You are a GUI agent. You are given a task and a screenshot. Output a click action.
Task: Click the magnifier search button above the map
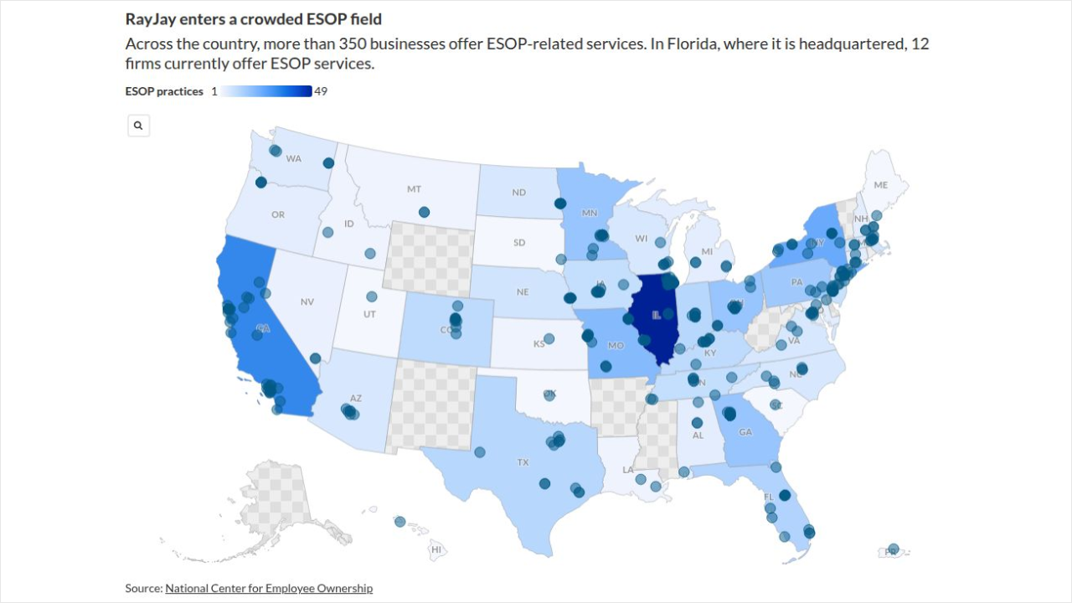tap(138, 126)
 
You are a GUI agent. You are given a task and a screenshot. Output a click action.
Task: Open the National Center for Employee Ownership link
tap(269, 589)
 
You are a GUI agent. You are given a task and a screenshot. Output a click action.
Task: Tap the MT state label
tap(415, 189)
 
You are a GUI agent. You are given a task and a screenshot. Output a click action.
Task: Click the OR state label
tap(278, 215)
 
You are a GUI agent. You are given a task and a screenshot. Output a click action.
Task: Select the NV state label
tap(307, 301)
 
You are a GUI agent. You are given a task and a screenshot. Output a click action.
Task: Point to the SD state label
tap(519, 243)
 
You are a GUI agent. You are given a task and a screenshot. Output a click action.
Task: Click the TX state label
tap(523, 461)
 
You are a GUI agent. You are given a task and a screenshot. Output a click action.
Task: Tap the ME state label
tap(880, 185)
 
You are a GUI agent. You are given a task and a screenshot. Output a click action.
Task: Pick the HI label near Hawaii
tap(436, 549)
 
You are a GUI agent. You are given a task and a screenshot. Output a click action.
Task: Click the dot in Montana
tap(424, 212)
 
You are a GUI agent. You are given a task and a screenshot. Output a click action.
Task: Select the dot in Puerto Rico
tap(894, 549)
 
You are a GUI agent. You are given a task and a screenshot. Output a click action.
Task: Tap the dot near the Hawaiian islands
tap(399, 522)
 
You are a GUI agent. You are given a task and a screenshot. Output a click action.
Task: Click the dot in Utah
tap(372, 296)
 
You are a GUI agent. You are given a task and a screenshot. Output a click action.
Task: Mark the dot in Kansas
tap(549, 339)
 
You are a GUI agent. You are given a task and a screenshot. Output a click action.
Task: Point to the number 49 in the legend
tap(321, 91)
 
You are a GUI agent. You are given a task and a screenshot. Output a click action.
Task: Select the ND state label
tap(519, 193)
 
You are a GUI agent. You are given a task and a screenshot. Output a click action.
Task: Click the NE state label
tap(523, 292)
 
